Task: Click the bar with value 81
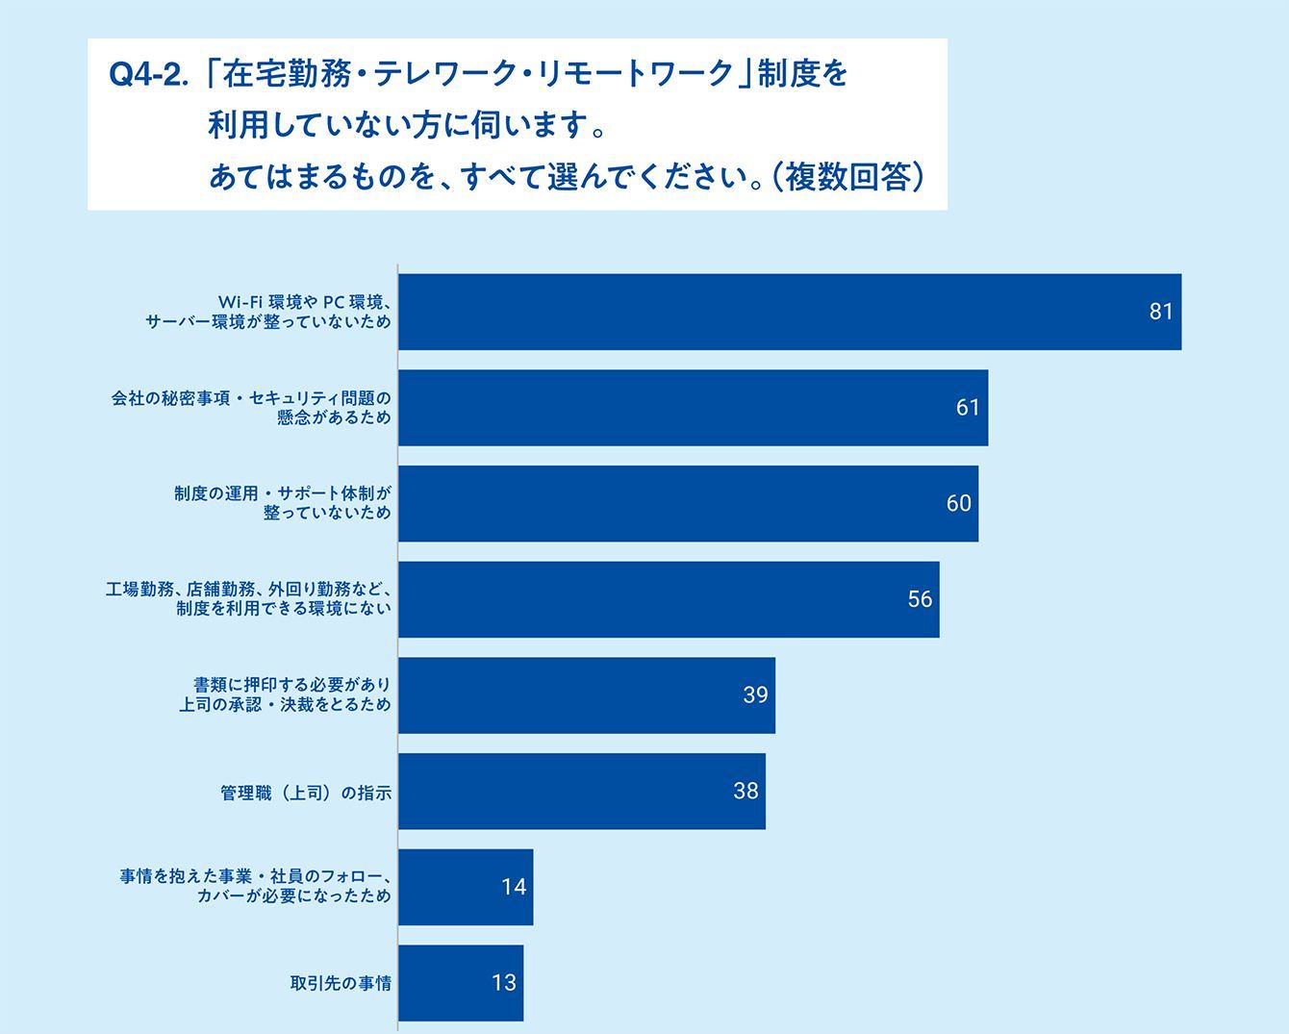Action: [790, 312]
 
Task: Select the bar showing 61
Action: [693, 408]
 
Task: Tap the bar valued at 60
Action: [688, 503]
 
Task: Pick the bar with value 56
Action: [670, 599]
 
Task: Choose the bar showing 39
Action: [587, 694]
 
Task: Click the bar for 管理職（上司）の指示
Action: [582, 791]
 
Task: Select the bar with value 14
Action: [466, 887]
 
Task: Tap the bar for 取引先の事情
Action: [461, 982]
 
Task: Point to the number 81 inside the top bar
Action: [1161, 312]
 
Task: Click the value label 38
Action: [746, 791]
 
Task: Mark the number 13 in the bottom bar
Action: [504, 982]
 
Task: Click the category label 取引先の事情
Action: [341, 983]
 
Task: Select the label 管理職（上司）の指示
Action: [306, 794]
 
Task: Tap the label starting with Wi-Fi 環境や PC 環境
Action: [268, 312]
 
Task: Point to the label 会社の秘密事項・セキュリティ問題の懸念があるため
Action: [251, 408]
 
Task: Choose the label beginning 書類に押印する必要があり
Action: [285, 694]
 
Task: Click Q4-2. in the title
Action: [147, 75]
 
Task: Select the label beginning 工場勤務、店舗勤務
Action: [248, 598]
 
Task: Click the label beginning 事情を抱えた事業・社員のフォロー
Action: [256, 886]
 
